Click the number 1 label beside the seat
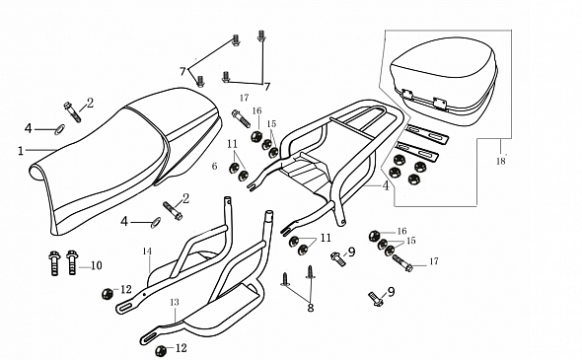click(x=21, y=151)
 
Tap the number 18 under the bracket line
click(x=501, y=161)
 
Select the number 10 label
click(x=96, y=265)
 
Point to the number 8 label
click(x=311, y=308)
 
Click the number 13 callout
click(x=175, y=302)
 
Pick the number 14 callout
click(x=147, y=252)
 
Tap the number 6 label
click(x=214, y=166)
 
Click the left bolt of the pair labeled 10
click(x=54, y=263)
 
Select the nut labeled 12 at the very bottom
click(x=161, y=350)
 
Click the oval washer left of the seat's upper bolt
click(x=59, y=129)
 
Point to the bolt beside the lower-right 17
click(x=402, y=262)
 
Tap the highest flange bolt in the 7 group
click(x=261, y=36)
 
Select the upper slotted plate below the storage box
click(x=427, y=134)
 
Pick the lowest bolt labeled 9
click(x=377, y=299)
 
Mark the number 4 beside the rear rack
click(x=386, y=185)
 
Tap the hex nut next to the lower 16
click(x=374, y=236)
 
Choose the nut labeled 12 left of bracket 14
click(x=108, y=294)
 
